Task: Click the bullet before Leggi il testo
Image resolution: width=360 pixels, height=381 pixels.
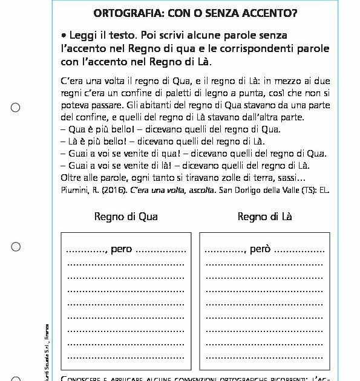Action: point(64,36)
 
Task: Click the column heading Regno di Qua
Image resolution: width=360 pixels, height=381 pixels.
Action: point(126,217)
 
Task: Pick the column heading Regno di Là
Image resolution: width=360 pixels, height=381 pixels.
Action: point(264,217)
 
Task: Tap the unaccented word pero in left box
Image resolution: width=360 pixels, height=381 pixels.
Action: point(121,249)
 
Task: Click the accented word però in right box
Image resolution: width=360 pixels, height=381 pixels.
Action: point(260,249)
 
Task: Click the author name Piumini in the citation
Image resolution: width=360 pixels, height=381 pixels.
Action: point(75,190)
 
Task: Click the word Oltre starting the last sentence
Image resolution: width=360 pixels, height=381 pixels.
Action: point(73,178)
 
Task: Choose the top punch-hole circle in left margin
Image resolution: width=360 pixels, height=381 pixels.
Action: point(16,108)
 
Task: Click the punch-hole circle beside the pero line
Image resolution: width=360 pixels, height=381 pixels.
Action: point(16,247)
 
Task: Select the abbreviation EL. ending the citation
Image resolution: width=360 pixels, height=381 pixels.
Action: point(324,190)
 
